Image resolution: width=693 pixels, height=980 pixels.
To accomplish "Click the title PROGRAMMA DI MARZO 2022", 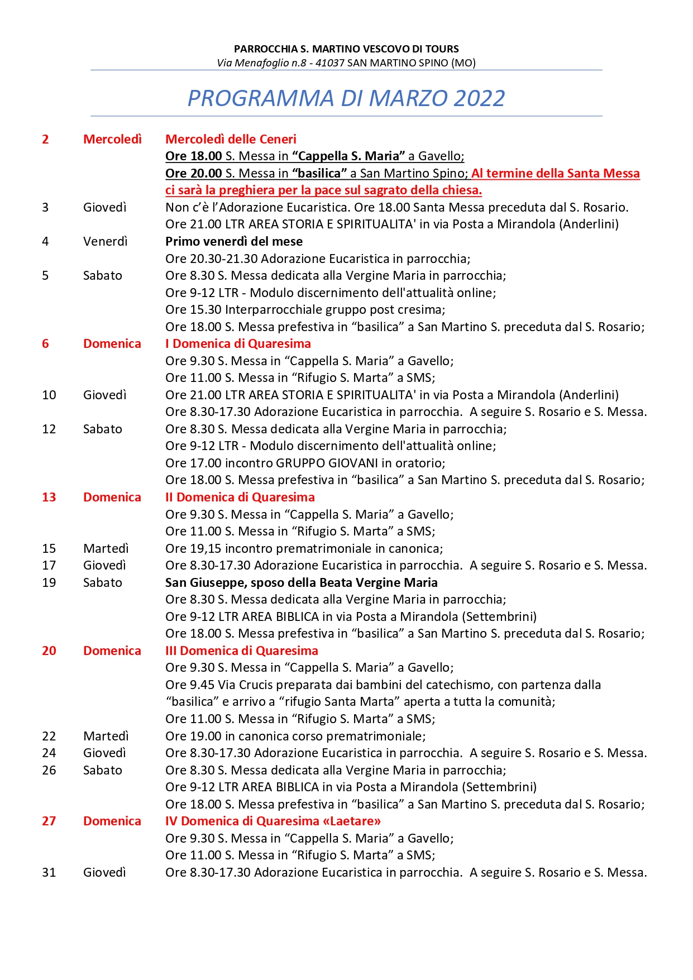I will [x=346, y=98].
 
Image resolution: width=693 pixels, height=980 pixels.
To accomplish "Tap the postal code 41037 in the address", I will [x=330, y=63].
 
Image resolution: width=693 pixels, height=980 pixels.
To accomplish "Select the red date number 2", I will [x=45, y=139].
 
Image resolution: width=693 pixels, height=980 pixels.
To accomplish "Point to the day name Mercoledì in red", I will [x=112, y=139].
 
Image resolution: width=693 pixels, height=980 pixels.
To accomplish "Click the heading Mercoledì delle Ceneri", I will [x=231, y=139].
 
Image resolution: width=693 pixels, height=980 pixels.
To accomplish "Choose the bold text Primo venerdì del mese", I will [x=234, y=241].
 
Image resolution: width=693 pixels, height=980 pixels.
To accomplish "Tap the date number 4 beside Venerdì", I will [x=45, y=241].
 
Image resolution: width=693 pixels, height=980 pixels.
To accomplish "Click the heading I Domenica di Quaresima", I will [x=238, y=343].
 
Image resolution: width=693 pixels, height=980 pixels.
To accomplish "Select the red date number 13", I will [x=49, y=497].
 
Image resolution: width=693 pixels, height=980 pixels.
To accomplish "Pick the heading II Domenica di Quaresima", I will [x=240, y=497].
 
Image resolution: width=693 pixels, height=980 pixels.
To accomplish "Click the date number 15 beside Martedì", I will [x=49, y=548].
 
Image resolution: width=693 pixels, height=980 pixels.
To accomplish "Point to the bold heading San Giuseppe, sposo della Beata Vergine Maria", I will [x=302, y=582].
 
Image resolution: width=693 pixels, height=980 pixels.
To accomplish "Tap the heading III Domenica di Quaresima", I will [x=242, y=651].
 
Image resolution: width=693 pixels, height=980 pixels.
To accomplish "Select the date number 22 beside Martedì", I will [x=49, y=736].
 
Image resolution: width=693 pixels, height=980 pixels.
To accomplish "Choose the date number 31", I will [x=49, y=872].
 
